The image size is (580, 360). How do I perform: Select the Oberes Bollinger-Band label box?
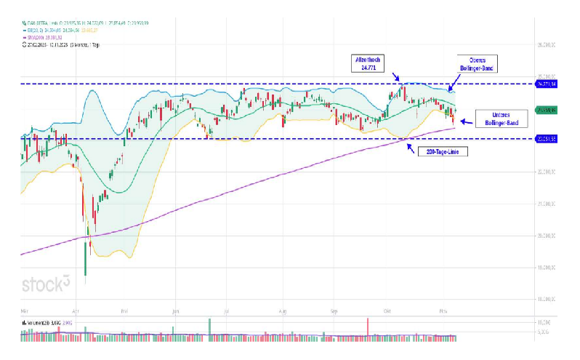coord(478,64)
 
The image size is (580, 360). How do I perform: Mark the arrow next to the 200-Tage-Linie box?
coord(411,148)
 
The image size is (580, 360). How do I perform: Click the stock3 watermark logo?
coord(46,284)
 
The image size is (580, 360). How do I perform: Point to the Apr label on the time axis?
coord(77,309)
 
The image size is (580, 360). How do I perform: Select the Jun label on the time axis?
coord(176,309)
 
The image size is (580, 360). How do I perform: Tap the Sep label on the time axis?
coord(335,309)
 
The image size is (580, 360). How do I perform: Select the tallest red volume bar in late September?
coord(368,328)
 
